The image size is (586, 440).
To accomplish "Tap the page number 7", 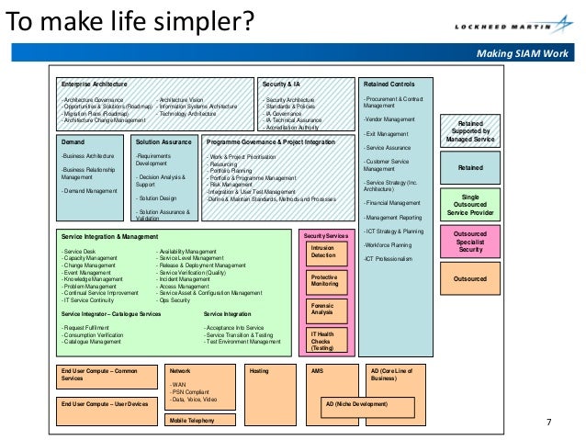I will point(548,422).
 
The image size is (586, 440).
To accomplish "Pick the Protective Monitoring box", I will point(323,281).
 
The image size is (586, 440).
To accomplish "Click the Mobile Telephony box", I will point(200,420).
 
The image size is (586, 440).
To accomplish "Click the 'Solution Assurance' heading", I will point(163,142).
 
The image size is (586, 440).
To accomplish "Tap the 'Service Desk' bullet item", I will point(79,251).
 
